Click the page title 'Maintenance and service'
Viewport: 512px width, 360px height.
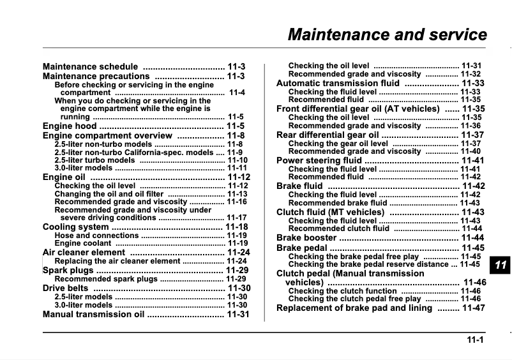click(x=387, y=34)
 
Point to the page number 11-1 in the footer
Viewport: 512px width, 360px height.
click(x=474, y=340)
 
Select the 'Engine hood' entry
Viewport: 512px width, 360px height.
click(x=70, y=126)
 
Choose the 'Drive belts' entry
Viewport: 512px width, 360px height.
click(x=66, y=289)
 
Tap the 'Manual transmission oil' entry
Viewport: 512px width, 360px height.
click(x=94, y=315)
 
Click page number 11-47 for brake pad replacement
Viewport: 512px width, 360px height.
click(x=473, y=308)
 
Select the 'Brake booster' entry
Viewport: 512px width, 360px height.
click(x=306, y=238)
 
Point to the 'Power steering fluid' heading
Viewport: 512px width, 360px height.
click(x=319, y=161)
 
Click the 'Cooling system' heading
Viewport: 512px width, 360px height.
click(x=75, y=227)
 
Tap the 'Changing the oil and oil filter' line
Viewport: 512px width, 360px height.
click(x=109, y=194)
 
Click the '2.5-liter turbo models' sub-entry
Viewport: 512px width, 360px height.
click(x=94, y=160)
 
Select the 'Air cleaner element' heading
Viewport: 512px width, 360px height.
click(x=84, y=253)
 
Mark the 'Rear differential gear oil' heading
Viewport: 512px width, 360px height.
click(x=326, y=135)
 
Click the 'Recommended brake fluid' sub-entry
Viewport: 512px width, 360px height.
click(x=338, y=203)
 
